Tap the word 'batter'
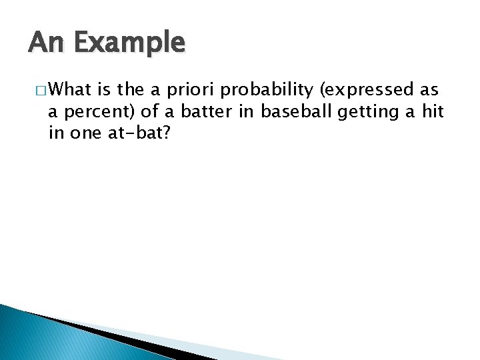[x=199, y=112]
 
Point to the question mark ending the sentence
[x=167, y=134]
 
